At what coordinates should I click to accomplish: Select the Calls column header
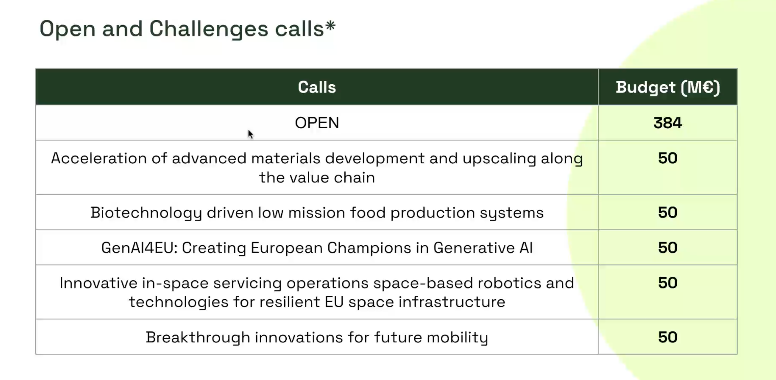(317, 87)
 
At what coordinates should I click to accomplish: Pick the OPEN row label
(317, 123)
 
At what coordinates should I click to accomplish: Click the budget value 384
(668, 123)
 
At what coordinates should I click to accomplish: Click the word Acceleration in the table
(99, 158)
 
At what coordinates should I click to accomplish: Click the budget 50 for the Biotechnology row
(668, 212)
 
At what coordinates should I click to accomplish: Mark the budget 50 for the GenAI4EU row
(668, 248)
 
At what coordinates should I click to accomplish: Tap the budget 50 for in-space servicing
(668, 283)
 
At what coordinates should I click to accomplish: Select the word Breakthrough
(198, 337)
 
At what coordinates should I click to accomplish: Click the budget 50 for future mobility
(668, 337)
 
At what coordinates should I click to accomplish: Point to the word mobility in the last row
(457, 337)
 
